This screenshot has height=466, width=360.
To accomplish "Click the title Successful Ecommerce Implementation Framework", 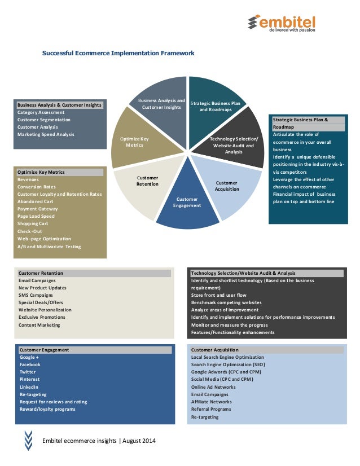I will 118,53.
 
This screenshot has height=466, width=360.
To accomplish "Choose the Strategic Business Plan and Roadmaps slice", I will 215,104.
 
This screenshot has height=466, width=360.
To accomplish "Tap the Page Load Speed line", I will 36,216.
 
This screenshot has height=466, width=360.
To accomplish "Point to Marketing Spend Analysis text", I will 46,134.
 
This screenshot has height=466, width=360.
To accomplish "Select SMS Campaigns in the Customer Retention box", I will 36,295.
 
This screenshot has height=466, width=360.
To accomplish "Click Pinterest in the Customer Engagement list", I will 30,379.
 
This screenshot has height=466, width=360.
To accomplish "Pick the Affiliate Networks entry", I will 211,402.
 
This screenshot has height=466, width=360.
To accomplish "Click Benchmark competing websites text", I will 226,302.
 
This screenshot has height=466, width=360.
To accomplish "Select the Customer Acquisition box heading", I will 215,350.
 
